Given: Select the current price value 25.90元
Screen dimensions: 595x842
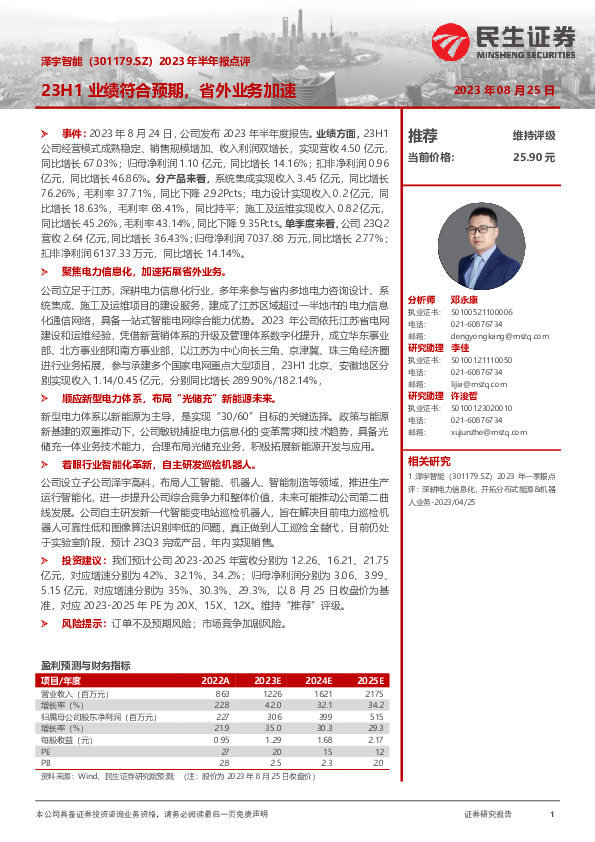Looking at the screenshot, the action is [533, 157].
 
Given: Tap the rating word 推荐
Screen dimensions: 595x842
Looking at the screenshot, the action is [423, 135].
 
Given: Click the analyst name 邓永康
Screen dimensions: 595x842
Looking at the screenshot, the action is [464, 300].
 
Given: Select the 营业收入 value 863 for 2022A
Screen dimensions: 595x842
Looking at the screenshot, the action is [222, 693].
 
